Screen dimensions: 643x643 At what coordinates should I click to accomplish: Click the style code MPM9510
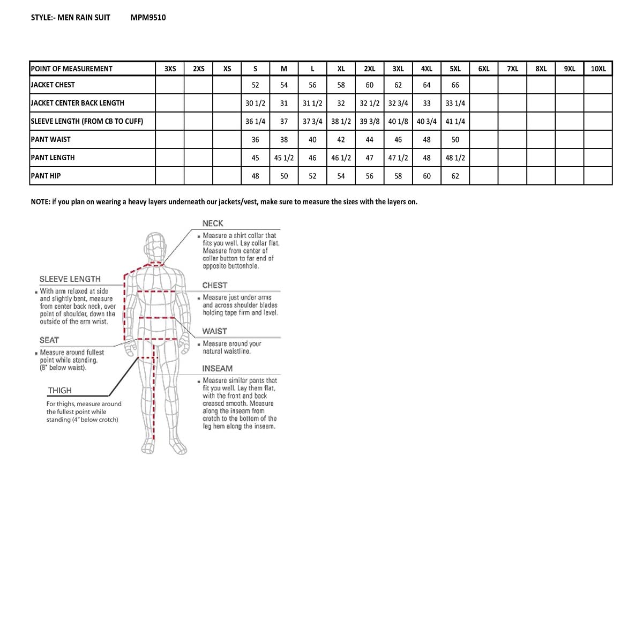coord(148,17)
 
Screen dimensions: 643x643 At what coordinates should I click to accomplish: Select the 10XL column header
coord(598,69)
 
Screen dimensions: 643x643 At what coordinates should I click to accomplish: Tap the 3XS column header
coord(170,69)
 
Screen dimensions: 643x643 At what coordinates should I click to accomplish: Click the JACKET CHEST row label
coord(53,85)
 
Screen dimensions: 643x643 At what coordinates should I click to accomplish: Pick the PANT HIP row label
coord(46,176)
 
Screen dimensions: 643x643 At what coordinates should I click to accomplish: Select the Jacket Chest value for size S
coord(255,85)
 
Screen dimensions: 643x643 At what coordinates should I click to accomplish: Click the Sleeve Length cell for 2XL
coord(369,121)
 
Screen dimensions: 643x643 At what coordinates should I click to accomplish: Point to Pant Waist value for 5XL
coord(455,139)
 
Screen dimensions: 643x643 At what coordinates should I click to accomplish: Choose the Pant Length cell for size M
coord(284,158)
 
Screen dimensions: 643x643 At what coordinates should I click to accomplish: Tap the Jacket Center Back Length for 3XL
coord(398,103)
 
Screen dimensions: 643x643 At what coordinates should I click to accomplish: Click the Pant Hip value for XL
coord(341,176)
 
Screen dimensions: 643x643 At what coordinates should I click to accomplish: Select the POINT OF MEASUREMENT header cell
coord(72,69)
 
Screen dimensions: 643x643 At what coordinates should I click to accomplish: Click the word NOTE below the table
coord(40,201)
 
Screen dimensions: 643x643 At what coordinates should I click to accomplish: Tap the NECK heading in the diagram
coord(213,223)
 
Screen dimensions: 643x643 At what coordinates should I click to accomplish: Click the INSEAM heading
coord(217,369)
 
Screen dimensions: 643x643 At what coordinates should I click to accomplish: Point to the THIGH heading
coord(59,391)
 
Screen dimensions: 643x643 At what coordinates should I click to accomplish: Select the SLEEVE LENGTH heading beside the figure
coord(70,279)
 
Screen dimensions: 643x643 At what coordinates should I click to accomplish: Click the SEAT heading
coord(49,340)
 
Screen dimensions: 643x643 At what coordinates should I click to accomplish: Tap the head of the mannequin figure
coord(155,246)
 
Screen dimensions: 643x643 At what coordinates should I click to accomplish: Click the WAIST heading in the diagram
coord(214,331)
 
